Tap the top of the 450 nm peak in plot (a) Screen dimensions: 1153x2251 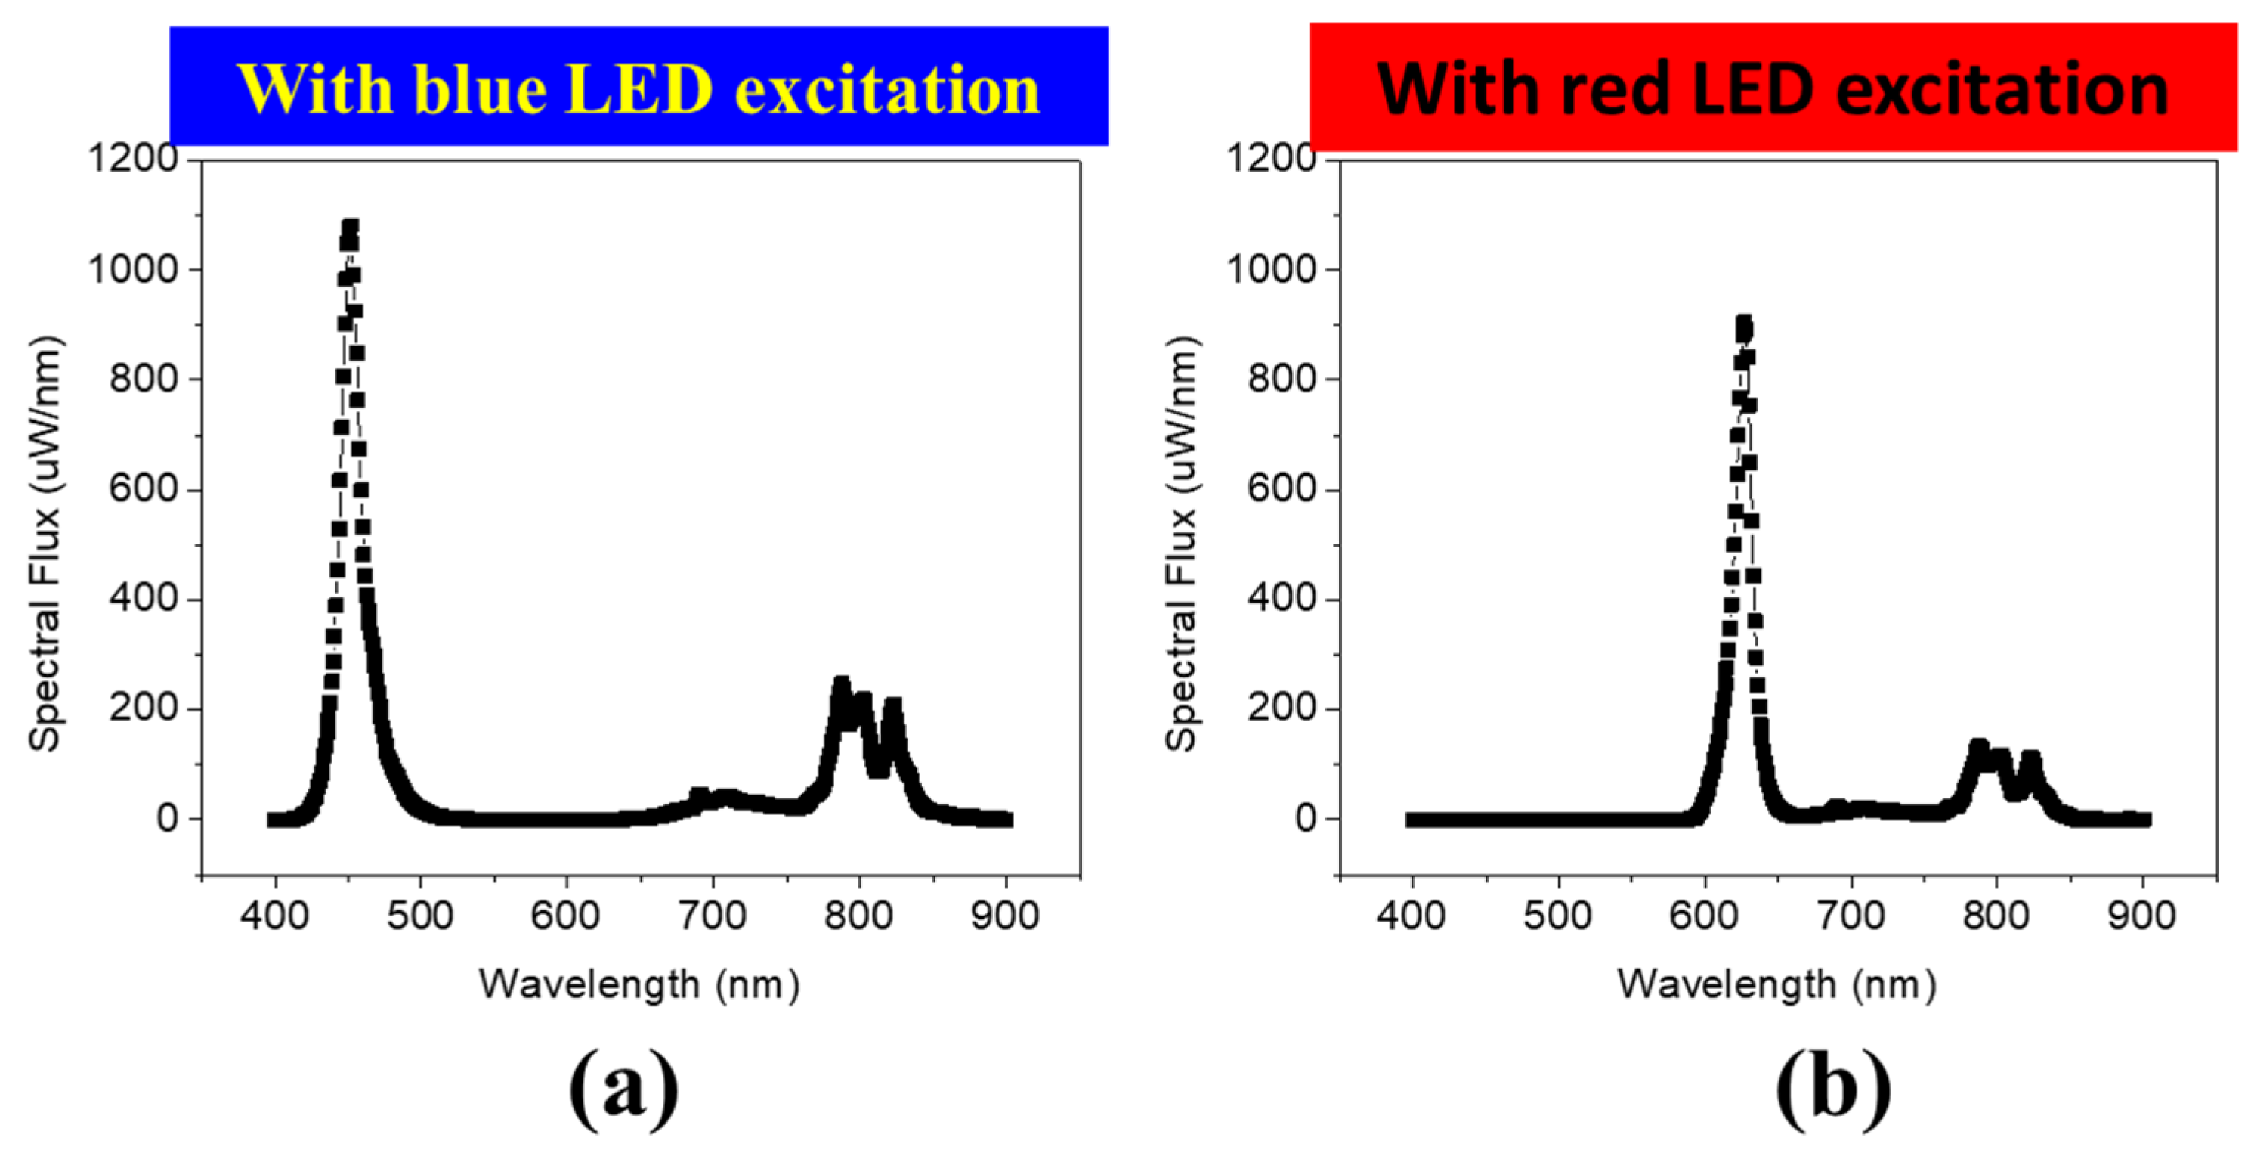click(351, 228)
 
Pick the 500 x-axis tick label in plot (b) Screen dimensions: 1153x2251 click(1557, 916)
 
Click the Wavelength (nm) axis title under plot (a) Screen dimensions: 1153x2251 click(639, 984)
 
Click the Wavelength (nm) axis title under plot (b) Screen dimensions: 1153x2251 click(1776, 984)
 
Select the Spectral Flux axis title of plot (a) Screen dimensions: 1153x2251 click(45, 542)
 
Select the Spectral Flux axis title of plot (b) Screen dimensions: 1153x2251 click(1182, 542)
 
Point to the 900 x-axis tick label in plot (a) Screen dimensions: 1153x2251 click(1006, 916)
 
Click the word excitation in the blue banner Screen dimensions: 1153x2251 click(887, 89)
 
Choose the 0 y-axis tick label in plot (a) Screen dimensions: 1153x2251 click(167, 819)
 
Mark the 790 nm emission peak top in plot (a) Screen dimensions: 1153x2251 click(840, 683)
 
